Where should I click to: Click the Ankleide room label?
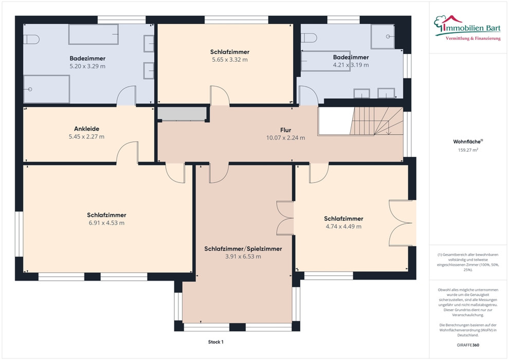click(x=87, y=129)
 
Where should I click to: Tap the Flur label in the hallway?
click(x=286, y=130)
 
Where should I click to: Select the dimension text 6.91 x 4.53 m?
click(x=106, y=223)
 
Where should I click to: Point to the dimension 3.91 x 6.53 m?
click(x=243, y=257)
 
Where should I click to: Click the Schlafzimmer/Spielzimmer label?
click(x=243, y=249)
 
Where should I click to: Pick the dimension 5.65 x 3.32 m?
click(x=230, y=60)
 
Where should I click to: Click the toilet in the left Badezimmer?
click(x=31, y=40)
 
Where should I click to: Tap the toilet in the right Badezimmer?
click(x=308, y=38)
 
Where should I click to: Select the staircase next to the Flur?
click(x=376, y=121)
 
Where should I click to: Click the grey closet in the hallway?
click(x=182, y=114)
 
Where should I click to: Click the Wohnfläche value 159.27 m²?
click(x=468, y=150)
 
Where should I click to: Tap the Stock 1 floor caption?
click(x=216, y=342)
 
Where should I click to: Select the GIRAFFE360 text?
click(x=468, y=345)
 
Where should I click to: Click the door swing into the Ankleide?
click(x=128, y=152)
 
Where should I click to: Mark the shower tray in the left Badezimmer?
click(x=46, y=89)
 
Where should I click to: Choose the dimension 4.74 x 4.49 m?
click(x=343, y=227)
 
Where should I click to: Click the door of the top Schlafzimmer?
click(x=220, y=96)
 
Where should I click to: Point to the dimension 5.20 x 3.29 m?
click(x=87, y=66)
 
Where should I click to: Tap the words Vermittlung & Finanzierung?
click(x=473, y=39)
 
